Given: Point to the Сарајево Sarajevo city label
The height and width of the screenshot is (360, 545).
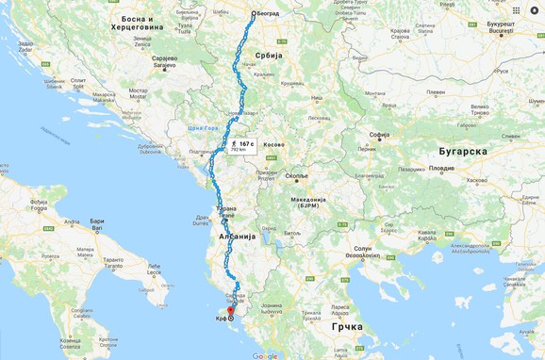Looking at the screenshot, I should [165, 61].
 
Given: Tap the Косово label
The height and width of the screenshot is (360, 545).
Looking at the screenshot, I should [273, 145].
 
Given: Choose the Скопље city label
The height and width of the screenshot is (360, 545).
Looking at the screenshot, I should [297, 176].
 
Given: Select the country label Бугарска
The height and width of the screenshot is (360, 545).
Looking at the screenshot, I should [461, 151].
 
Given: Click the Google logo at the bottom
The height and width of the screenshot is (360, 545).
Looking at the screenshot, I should [265, 355].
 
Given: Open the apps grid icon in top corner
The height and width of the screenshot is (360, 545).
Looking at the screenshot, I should [516, 9].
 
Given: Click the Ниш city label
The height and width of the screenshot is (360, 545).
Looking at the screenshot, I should [317, 97].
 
